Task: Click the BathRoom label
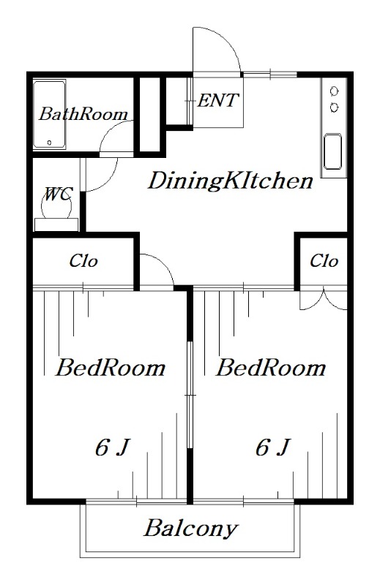(83, 114)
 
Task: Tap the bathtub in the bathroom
(49, 114)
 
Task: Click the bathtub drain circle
(49, 143)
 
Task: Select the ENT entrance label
(218, 100)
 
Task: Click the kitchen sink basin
(332, 151)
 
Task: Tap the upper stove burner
(334, 91)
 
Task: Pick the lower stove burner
(334, 107)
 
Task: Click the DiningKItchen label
(231, 181)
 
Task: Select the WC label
(58, 195)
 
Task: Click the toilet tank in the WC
(56, 224)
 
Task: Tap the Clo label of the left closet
(83, 261)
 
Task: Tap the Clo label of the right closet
(324, 261)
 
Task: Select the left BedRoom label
(111, 368)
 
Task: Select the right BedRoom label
(271, 368)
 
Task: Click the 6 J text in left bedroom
(113, 448)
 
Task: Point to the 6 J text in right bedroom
(273, 448)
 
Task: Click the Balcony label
(190, 529)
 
